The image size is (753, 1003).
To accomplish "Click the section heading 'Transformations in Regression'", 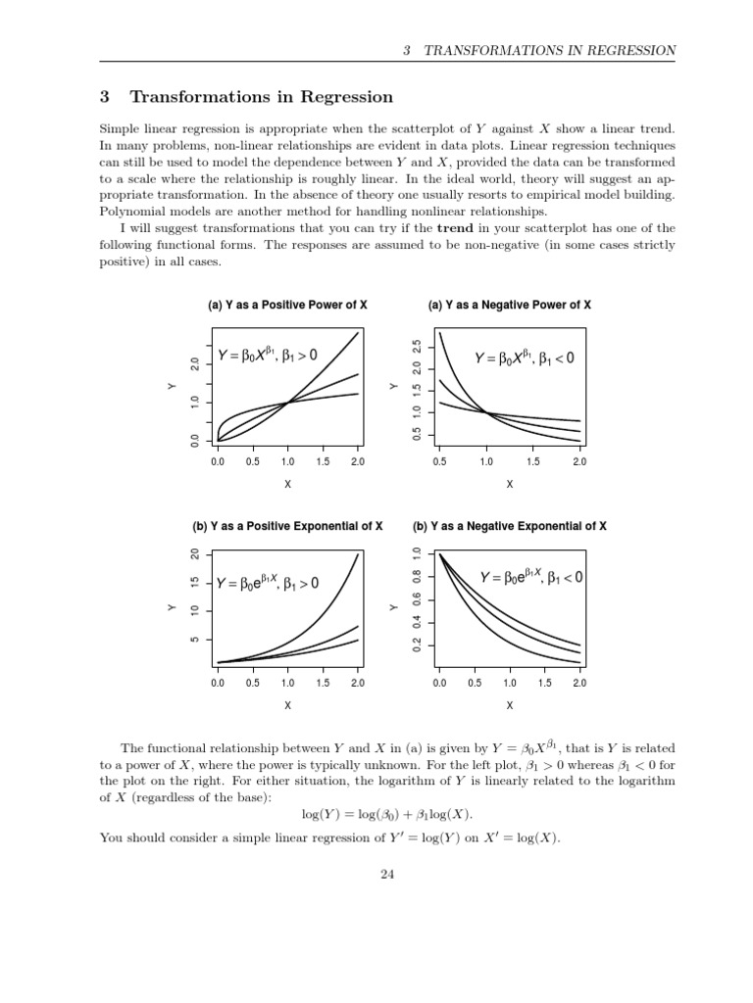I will pyautogui.click(x=261, y=97).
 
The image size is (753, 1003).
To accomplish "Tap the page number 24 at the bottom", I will pyautogui.click(x=386, y=876).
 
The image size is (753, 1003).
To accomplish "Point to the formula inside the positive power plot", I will pyautogui.click(x=267, y=355).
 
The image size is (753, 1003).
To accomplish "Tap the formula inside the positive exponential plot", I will pyautogui.click(x=267, y=584).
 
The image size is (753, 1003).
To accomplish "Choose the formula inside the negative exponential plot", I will pyautogui.click(x=531, y=578).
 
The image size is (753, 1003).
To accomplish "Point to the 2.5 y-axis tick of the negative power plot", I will pyautogui.click(x=417, y=347).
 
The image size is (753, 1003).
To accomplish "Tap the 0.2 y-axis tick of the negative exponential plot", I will pyautogui.click(x=417, y=645).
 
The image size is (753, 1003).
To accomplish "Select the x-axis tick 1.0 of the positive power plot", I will pyautogui.click(x=287, y=461).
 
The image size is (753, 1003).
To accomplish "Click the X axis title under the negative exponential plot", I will pyautogui.click(x=509, y=704).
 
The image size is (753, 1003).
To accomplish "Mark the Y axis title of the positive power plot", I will pyautogui.click(x=170, y=388).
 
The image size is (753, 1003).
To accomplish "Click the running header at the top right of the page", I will pyautogui.click(x=538, y=50).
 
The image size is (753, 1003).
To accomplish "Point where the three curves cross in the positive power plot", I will pyautogui.click(x=287, y=403).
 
